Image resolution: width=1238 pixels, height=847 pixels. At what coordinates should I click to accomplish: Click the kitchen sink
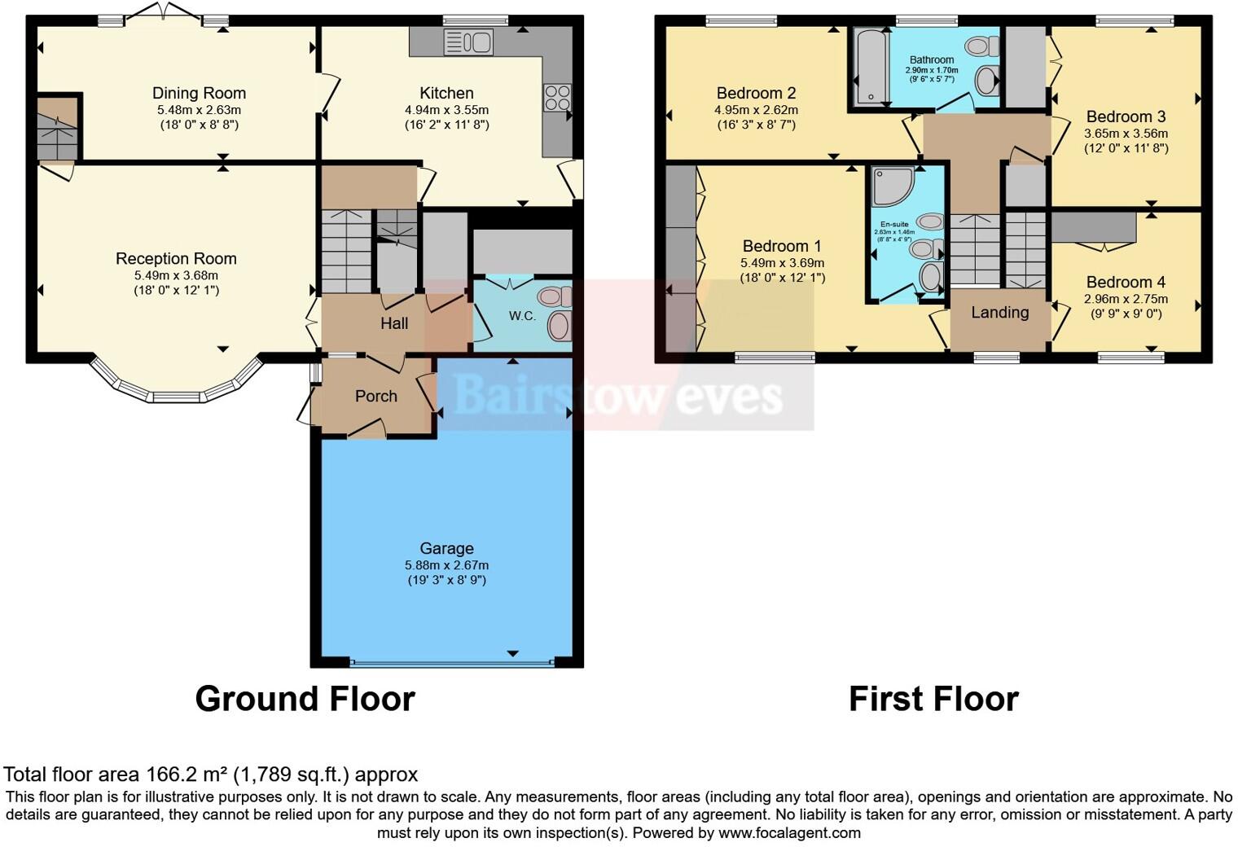click(x=468, y=41)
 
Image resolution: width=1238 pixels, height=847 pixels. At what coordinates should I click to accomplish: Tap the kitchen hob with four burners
click(x=557, y=98)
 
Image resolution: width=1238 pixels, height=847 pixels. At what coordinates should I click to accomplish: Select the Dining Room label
click(x=199, y=94)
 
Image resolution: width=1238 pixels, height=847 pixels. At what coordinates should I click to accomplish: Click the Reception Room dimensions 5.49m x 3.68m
click(x=176, y=275)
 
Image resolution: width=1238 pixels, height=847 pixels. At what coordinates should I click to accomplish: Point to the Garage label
click(x=446, y=549)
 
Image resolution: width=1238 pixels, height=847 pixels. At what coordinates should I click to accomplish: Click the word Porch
click(x=375, y=397)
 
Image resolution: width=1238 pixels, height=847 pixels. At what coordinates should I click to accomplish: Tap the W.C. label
click(x=522, y=316)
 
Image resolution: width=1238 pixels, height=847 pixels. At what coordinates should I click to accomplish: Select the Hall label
click(x=394, y=323)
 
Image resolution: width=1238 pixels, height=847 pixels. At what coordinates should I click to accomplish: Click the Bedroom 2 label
click(x=756, y=94)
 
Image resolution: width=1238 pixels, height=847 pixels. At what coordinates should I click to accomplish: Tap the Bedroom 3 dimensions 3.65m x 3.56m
click(x=1126, y=134)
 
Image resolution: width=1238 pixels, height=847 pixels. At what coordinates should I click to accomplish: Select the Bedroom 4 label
click(x=1126, y=283)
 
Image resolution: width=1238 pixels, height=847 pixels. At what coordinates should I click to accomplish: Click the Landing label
click(x=999, y=313)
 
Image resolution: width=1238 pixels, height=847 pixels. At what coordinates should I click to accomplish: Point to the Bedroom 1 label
click(x=782, y=247)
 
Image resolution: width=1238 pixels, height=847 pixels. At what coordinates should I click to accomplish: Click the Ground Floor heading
click(x=305, y=699)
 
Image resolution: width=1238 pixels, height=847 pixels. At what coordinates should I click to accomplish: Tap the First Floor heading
click(x=933, y=699)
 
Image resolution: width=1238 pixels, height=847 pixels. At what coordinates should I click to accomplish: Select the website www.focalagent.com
click(x=789, y=833)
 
